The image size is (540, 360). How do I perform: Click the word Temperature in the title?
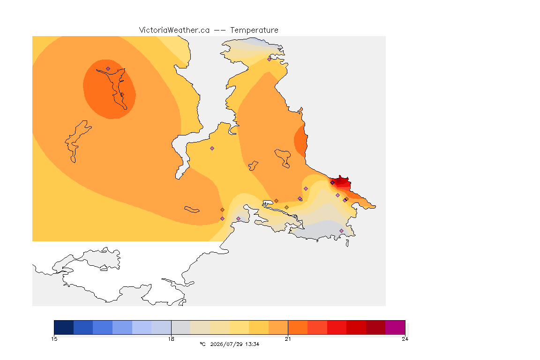click(254, 30)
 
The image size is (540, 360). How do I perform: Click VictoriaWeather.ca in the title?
click(174, 30)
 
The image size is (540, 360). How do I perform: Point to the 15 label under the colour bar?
click(54, 339)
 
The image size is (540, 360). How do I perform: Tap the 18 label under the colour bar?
click(171, 339)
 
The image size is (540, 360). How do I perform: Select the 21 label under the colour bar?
click(288, 339)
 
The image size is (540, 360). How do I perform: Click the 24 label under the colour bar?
click(405, 339)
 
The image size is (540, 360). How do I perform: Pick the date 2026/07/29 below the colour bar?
click(226, 344)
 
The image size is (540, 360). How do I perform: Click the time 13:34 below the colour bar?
click(253, 344)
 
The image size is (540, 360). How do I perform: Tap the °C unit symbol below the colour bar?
click(202, 344)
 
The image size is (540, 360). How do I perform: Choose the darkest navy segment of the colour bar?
click(64, 327)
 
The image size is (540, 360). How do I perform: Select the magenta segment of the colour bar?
click(395, 327)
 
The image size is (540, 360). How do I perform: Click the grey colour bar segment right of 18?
click(181, 327)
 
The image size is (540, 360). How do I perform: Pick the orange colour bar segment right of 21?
click(298, 327)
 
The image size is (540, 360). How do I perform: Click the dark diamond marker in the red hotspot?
click(332, 183)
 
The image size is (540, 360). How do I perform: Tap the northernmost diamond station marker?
click(270, 59)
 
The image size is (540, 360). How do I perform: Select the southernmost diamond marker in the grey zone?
click(341, 231)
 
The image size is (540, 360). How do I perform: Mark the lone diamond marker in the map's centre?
click(212, 149)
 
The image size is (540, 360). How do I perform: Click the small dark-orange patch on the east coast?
click(300, 141)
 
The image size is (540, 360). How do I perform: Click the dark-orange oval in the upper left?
click(109, 89)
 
